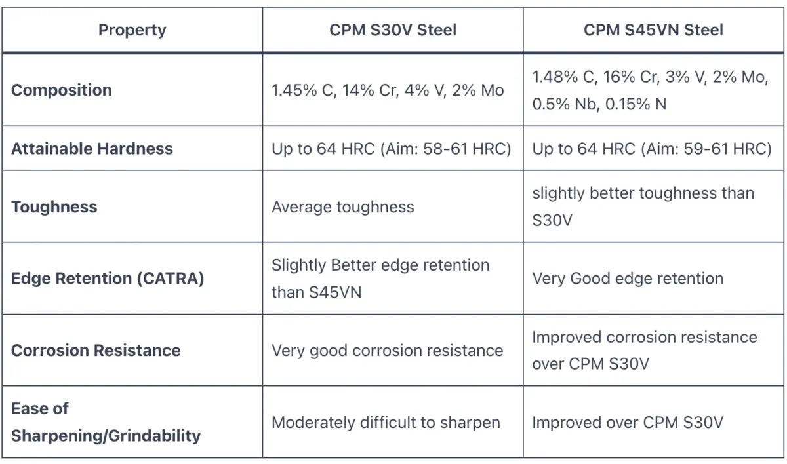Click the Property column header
pos(132,30)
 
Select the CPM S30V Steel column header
pos(393,30)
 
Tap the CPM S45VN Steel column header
pos(653,30)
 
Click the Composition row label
pos(62,90)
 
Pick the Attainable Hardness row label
pos(92,148)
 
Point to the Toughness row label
pos(54,207)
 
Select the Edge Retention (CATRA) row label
pos(108,279)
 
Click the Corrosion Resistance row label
pos(96,350)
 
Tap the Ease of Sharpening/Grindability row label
pos(105,422)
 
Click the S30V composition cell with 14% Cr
pos(388,90)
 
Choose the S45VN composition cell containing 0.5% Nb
pos(649,90)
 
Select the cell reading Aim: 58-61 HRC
pos(391,149)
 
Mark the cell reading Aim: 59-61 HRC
pos(652,149)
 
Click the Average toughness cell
pos(343,207)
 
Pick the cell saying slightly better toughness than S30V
pos(643,206)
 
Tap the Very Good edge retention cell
pos(628,279)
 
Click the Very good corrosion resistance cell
pos(387,350)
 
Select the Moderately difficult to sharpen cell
pos(386,423)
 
